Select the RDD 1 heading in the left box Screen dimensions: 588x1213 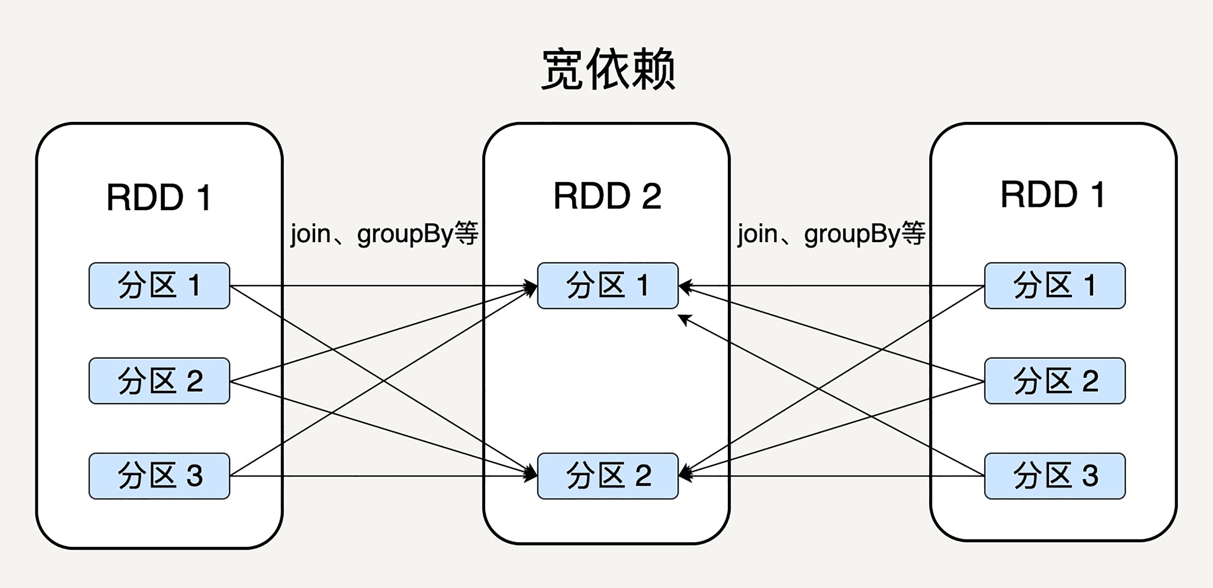(x=159, y=197)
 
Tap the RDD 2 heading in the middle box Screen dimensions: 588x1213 (x=607, y=196)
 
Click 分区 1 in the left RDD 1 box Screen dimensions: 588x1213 (x=159, y=286)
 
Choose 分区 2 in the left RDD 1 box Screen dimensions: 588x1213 (x=159, y=381)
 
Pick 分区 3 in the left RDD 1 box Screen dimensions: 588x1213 (x=159, y=476)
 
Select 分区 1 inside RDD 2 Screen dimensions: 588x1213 (x=607, y=286)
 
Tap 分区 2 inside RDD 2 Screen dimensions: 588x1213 (x=607, y=476)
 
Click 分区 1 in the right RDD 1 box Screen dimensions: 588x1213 (x=1055, y=286)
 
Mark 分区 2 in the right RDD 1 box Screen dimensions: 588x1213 (x=1055, y=381)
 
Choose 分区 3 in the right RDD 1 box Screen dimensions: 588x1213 (x=1055, y=476)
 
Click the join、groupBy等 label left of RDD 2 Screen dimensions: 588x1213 (x=384, y=234)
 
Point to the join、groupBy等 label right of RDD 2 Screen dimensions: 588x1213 (x=831, y=234)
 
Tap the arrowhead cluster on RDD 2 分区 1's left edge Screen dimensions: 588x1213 (x=531, y=287)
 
